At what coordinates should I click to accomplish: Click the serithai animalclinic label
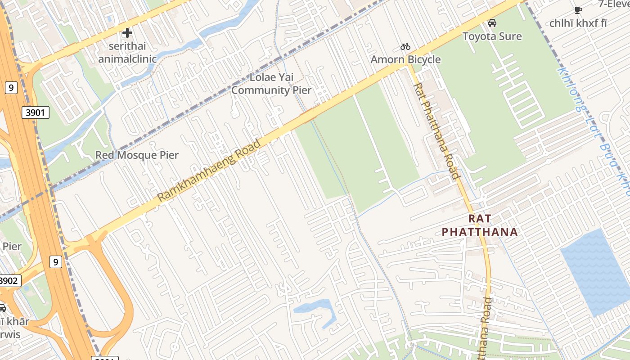click(x=127, y=52)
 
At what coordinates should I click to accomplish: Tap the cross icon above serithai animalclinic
click(x=127, y=32)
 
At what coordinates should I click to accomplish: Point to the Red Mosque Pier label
click(x=137, y=155)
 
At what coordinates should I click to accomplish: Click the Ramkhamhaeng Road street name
click(x=209, y=171)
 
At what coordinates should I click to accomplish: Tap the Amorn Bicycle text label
click(x=405, y=59)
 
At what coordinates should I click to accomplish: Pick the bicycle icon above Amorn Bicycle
click(x=405, y=46)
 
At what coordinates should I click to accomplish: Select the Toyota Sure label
click(x=492, y=36)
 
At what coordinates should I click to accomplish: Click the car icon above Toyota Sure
click(x=492, y=22)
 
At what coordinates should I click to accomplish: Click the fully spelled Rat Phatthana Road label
click(x=436, y=130)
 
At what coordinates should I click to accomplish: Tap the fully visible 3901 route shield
click(x=35, y=112)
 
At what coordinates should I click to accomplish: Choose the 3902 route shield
click(x=9, y=281)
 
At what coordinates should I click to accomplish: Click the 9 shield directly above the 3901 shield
click(x=11, y=87)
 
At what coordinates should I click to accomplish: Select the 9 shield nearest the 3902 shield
click(x=55, y=261)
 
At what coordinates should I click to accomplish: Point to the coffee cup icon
click(x=578, y=10)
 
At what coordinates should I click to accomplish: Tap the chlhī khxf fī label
click(x=578, y=23)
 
